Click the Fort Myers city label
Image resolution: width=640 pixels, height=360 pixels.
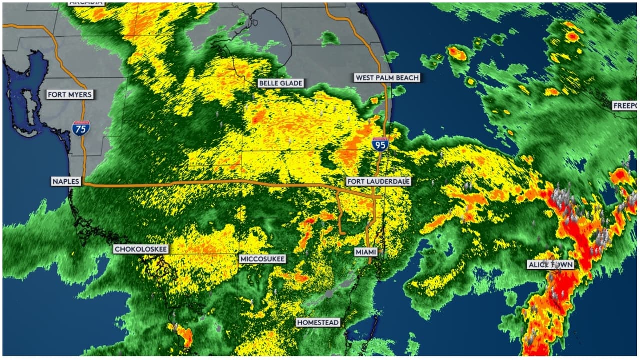pos(70,94)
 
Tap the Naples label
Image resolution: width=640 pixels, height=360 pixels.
pos(66,181)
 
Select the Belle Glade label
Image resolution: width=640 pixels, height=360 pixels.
pos(281,83)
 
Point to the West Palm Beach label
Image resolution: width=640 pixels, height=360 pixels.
pos(387,78)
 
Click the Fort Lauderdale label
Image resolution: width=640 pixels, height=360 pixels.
pos(378,181)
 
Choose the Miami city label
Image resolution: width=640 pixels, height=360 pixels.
pos(366,252)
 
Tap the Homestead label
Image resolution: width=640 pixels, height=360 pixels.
pos(318,322)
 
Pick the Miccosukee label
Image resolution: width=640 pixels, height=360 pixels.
pos(263,259)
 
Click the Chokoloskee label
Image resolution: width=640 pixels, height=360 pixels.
pos(141,249)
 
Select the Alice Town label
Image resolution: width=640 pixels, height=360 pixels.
pos(551,265)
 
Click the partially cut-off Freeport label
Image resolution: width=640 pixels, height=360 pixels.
pos(626,106)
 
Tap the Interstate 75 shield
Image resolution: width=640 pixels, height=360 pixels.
pos(80,128)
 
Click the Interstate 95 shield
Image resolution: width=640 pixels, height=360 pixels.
pos(380,144)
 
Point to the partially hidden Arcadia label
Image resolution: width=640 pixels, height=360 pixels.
pos(86,2)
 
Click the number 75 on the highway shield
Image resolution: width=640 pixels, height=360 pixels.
pos(80,130)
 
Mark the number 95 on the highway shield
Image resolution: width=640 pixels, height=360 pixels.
pos(380,146)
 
